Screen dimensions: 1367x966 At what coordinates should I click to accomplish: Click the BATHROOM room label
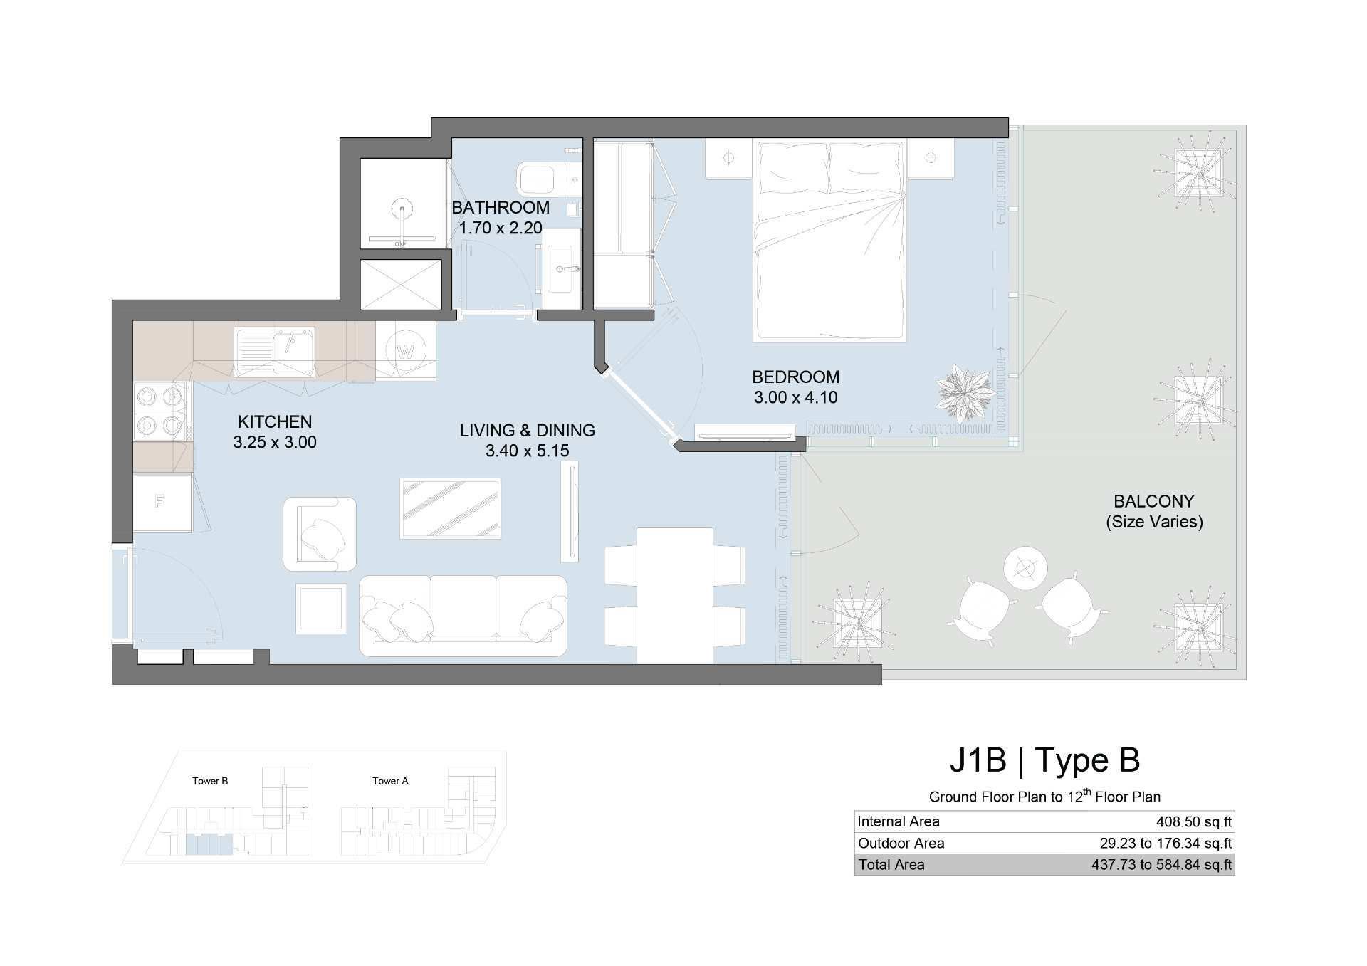pyautogui.click(x=501, y=208)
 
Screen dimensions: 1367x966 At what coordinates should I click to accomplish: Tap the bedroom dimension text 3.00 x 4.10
pyautogui.click(x=795, y=398)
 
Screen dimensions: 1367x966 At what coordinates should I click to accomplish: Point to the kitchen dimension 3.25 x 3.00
pyautogui.click(x=275, y=442)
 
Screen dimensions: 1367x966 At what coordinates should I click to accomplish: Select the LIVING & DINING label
pyautogui.click(x=527, y=431)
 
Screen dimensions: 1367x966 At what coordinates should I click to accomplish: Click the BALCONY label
pyautogui.click(x=1154, y=501)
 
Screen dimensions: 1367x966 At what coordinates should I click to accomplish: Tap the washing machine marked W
pyautogui.click(x=406, y=350)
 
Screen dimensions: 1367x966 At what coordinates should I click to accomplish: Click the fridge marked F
pyautogui.click(x=162, y=502)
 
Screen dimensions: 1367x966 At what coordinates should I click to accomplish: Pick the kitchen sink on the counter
pyautogui.click(x=274, y=352)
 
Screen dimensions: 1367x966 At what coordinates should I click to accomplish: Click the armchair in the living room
pyautogui.click(x=320, y=534)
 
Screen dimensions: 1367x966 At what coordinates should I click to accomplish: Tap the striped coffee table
pyautogui.click(x=450, y=508)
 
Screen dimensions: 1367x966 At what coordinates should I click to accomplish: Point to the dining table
pyautogui.click(x=675, y=596)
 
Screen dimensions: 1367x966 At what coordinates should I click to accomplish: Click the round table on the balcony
pyautogui.click(x=1025, y=568)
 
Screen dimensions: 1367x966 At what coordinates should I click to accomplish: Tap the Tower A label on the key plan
pyautogui.click(x=390, y=781)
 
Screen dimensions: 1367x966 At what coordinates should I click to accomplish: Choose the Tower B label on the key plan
pyautogui.click(x=210, y=781)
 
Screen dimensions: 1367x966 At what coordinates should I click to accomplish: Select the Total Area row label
pyautogui.click(x=891, y=865)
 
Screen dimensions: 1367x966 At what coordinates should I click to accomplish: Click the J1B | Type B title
pyautogui.click(x=1044, y=760)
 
